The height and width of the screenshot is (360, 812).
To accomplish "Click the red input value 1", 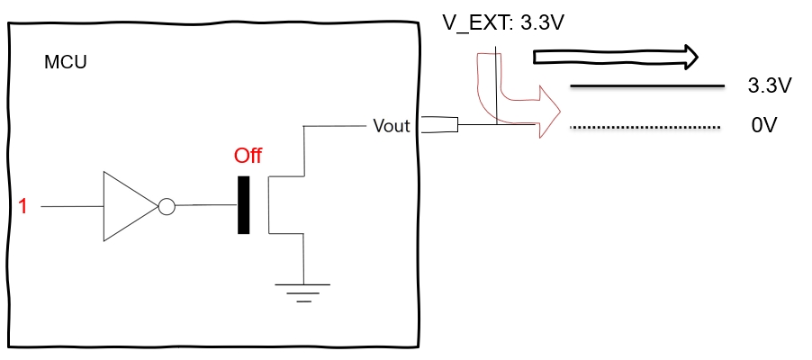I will coord(23,207).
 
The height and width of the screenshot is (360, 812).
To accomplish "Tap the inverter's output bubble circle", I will coord(166,207).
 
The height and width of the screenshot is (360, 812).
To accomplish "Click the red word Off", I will coord(248,157).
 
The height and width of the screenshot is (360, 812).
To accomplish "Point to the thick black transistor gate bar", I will coord(243,206).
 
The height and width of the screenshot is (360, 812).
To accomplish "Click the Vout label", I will coord(392,126).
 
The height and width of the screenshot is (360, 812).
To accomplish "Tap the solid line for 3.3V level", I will coord(648,86).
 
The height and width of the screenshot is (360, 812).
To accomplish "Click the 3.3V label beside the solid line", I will coord(769,86).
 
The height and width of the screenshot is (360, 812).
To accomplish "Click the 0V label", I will coord(763,127).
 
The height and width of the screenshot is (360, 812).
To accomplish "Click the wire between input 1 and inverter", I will coord(72,207).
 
